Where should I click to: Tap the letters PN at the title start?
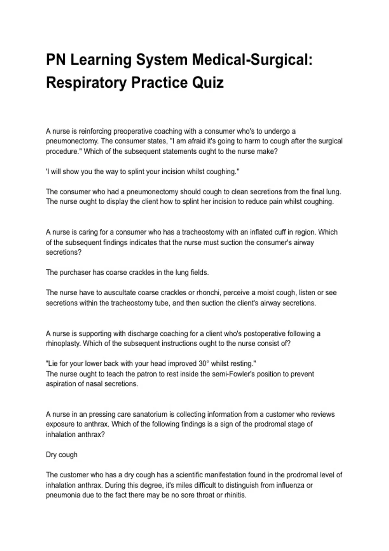[56, 60]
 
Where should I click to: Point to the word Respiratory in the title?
[86, 82]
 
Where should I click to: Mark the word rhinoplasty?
[63, 344]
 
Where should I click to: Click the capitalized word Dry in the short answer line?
[51, 455]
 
